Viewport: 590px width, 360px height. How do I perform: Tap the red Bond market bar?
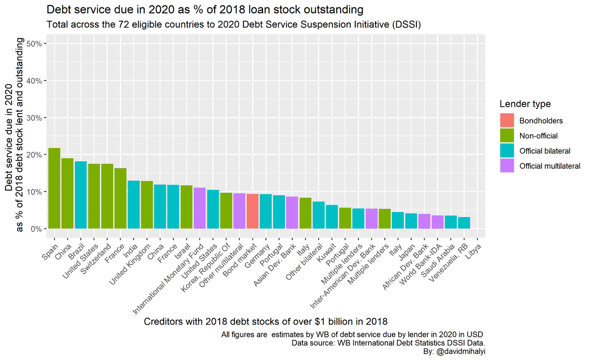click(x=253, y=211)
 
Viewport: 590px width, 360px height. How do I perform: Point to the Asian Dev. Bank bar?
click(x=292, y=212)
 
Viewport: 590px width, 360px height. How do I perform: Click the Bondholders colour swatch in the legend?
click(x=507, y=120)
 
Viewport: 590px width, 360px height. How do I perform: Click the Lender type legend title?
click(x=525, y=104)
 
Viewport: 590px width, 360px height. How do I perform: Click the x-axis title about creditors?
click(x=265, y=322)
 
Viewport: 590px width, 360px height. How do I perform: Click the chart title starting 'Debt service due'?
click(x=205, y=9)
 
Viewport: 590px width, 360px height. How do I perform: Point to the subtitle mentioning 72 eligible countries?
click(x=234, y=24)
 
